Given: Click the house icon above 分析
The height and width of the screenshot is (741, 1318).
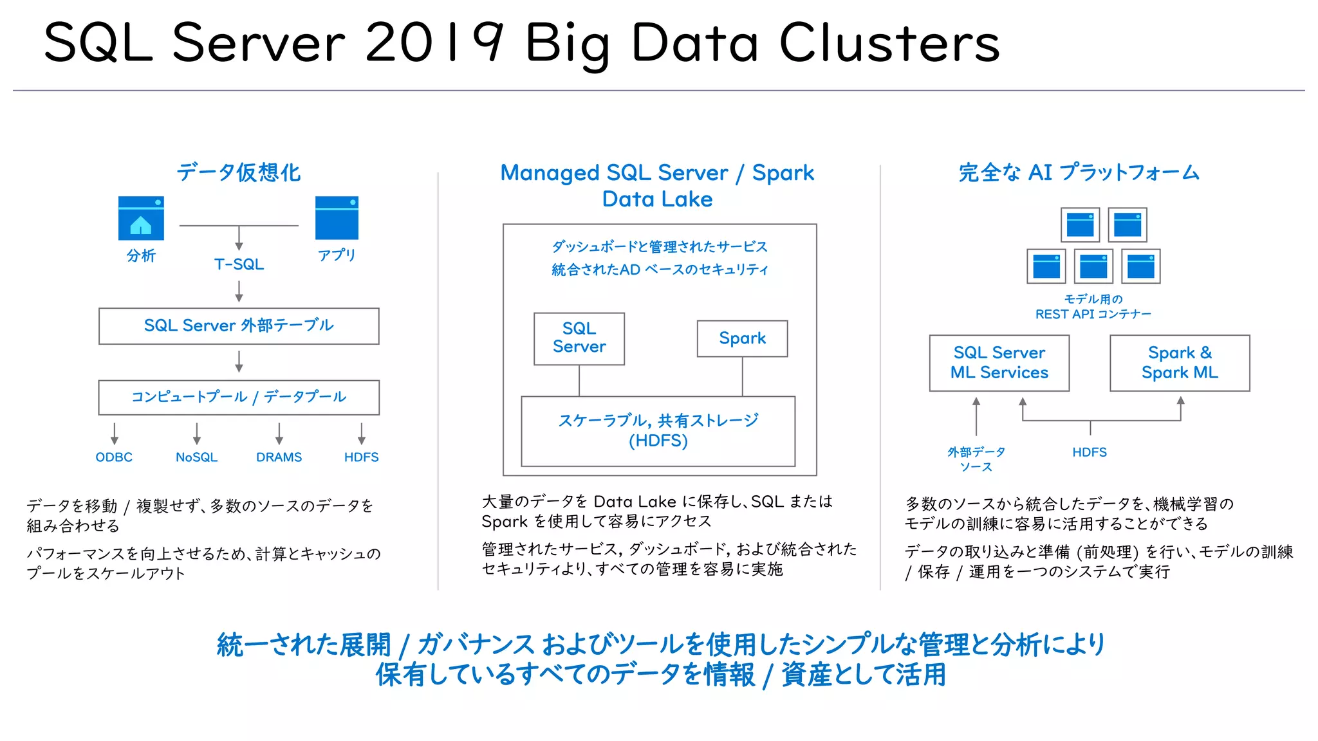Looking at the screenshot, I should [141, 219].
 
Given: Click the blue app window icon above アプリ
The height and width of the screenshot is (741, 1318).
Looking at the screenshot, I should [337, 218].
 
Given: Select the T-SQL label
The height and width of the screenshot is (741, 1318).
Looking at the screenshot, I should [239, 264].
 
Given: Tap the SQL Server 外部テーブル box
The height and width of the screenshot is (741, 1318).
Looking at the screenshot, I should [239, 325].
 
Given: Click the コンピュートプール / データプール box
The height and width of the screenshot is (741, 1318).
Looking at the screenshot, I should [239, 397].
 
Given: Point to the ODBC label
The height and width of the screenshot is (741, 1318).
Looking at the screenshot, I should [114, 457].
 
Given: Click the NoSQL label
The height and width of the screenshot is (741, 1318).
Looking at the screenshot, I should [196, 457].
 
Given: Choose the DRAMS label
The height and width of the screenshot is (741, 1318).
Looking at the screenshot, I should [279, 457].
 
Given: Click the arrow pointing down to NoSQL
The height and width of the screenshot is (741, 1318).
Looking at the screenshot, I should [196, 434].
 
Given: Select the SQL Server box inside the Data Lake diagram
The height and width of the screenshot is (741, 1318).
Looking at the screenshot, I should [579, 338].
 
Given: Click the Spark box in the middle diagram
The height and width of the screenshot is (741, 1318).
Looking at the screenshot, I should [742, 338].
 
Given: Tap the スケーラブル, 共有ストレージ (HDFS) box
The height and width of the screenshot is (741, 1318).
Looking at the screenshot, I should [658, 430].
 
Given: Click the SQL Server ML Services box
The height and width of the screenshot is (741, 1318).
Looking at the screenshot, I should [999, 363].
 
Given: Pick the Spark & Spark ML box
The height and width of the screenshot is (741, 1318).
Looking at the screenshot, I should [1180, 363].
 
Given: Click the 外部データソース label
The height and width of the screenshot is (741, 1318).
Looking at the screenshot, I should [976, 459].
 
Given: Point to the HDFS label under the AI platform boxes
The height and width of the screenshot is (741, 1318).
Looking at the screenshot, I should [1090, 452].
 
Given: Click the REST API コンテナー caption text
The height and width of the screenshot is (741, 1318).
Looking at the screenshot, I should [1093, 314].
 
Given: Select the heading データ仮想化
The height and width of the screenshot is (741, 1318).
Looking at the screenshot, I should [239, 172].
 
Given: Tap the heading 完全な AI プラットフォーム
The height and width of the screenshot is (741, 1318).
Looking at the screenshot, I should [1079, 172].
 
